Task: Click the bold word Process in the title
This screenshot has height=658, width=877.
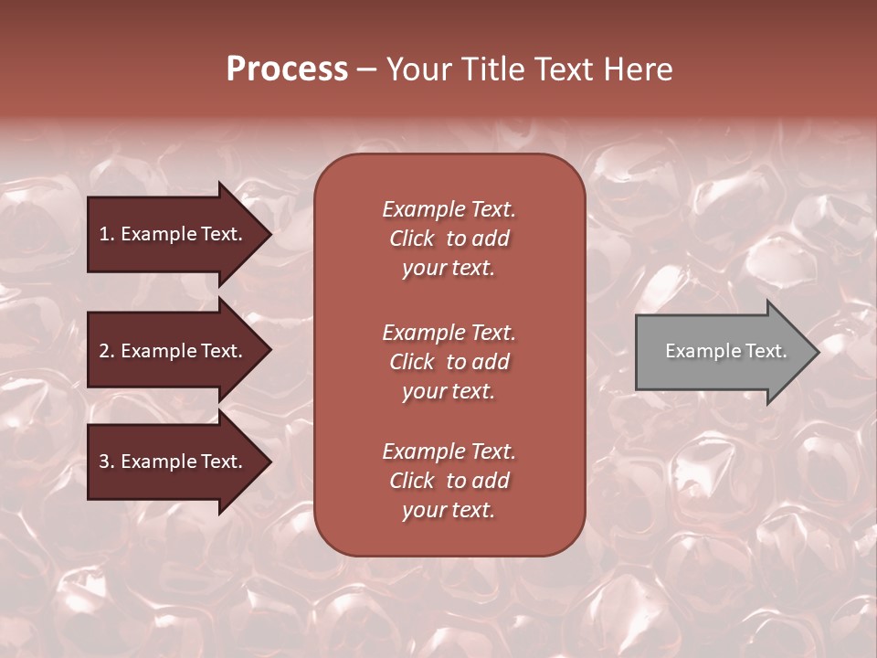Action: tap(287, 69)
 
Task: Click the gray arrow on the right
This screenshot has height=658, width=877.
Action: tap(722, 351)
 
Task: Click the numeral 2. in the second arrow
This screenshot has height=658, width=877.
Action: tap(107, 351)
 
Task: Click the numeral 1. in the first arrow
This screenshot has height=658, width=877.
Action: tap(107, 234)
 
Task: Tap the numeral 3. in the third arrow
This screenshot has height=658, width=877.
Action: tap(107, 462)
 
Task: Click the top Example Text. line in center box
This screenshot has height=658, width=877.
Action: tap(449, 209)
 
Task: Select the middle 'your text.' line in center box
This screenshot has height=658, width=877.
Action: tap(449, 391)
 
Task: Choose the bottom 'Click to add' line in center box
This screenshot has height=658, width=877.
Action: tap(449, 481)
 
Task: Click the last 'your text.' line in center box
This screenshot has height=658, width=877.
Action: tap(449, 510)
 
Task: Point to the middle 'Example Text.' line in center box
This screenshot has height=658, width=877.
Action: tap(449, 333)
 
